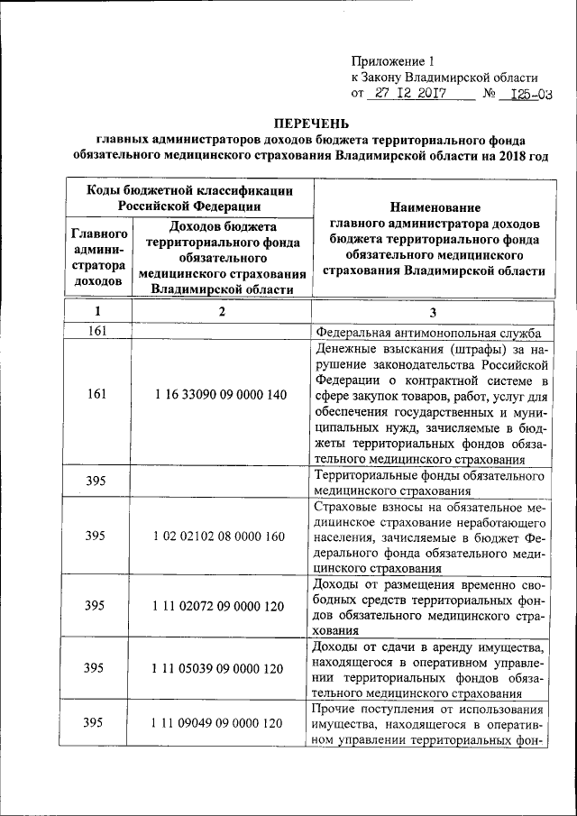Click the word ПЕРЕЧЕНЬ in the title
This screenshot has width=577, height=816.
(310, 123)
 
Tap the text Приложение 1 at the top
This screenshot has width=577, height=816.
(393, 61)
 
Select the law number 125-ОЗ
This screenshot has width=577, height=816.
(530, 94)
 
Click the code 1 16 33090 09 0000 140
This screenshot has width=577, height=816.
(221, 394)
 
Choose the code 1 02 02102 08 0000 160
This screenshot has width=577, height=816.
(221, 536)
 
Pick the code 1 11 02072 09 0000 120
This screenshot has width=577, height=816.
(221, 606)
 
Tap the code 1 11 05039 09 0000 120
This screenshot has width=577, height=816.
(221, 668)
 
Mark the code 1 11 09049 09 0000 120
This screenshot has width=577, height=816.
(221, 723)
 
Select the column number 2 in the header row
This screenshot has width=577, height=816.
(221, 311)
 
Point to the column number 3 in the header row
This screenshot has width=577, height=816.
(433, 311)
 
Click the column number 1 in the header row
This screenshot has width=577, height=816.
(97, 311)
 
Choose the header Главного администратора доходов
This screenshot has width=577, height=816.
(97, 256)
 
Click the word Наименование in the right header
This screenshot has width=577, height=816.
(433, 207)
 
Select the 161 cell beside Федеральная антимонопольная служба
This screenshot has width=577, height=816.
(97, 331)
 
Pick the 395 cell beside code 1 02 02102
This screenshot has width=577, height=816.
(97, 536)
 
